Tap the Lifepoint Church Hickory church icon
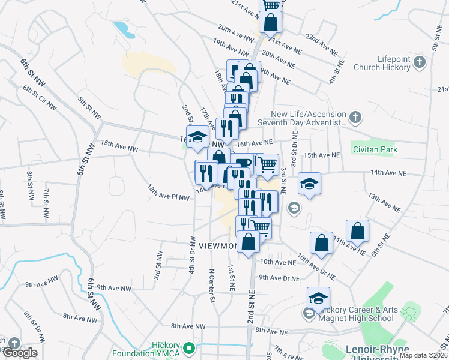click(419, 62)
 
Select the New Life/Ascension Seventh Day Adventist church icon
click(356, 117)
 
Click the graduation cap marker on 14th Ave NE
click(309, 183)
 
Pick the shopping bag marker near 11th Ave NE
click(357, 230)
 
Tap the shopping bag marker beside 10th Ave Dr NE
click(321, 242)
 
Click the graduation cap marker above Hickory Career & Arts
click(318, 297)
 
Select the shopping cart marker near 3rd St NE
click(267, 163)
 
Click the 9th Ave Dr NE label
click(279, 278)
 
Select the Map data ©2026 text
click(424, 355)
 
